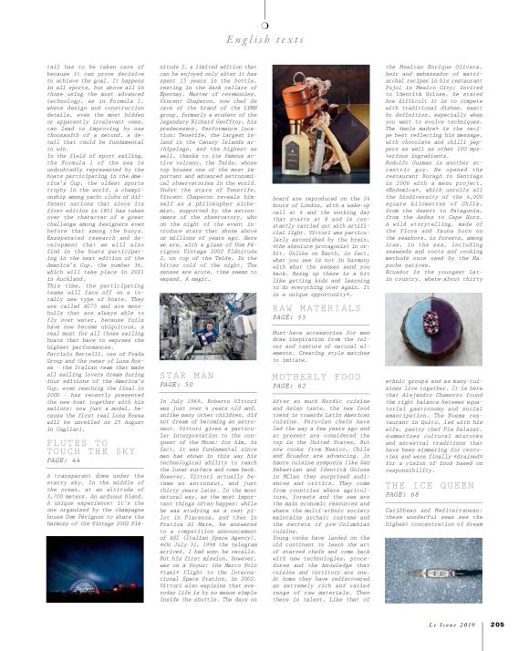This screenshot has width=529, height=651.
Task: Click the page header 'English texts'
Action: [x=264, y=39]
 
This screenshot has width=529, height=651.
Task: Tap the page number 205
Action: [x=496, y=624]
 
